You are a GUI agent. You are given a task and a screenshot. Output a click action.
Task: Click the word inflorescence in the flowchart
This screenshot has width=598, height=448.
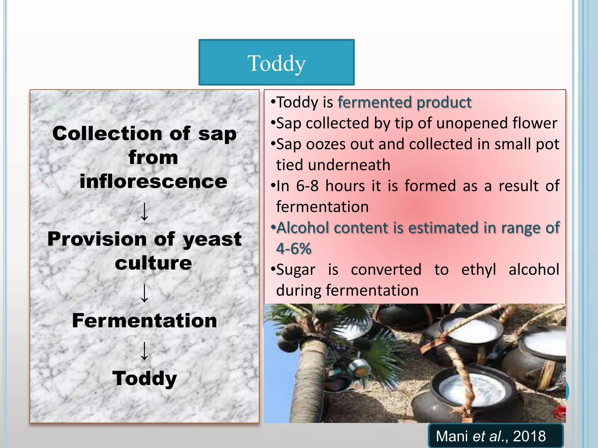pyautogui.click(x=153, y=181)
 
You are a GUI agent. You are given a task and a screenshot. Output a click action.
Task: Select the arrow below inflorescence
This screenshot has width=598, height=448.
pyautogui.click(x=145, y=212)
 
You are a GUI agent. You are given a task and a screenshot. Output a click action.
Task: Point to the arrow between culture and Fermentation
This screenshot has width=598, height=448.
pyautogui.click(x=145, y=293)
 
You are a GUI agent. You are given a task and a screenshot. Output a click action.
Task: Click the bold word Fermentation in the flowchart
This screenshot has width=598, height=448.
pyautogui.click(x=145, y=321)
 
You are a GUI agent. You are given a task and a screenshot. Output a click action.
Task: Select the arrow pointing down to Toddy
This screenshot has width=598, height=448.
pyautogui.click(x=145, y=351)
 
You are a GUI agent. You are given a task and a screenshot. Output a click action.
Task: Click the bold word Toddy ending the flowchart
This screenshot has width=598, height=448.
pyautogui.click(x=145, y=378)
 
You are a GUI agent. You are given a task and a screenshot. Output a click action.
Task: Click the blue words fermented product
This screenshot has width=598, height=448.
pyautogui.click(x=404, y=102)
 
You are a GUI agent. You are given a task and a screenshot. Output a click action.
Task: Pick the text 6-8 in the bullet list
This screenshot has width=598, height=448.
pyautogui.click(x=307, y=186)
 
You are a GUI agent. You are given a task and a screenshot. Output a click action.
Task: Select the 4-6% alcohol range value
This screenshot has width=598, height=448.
pyautogui.click(x=294, y=249)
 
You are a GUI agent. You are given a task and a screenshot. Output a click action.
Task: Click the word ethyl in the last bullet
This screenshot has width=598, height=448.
pyautogui.click(x=479, y=269)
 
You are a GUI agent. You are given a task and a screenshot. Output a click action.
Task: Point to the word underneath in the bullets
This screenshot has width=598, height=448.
pyautogui.click(x=349, y=165)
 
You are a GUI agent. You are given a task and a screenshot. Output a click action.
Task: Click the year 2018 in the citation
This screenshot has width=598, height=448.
pyautogui.click(x=529, y=436)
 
